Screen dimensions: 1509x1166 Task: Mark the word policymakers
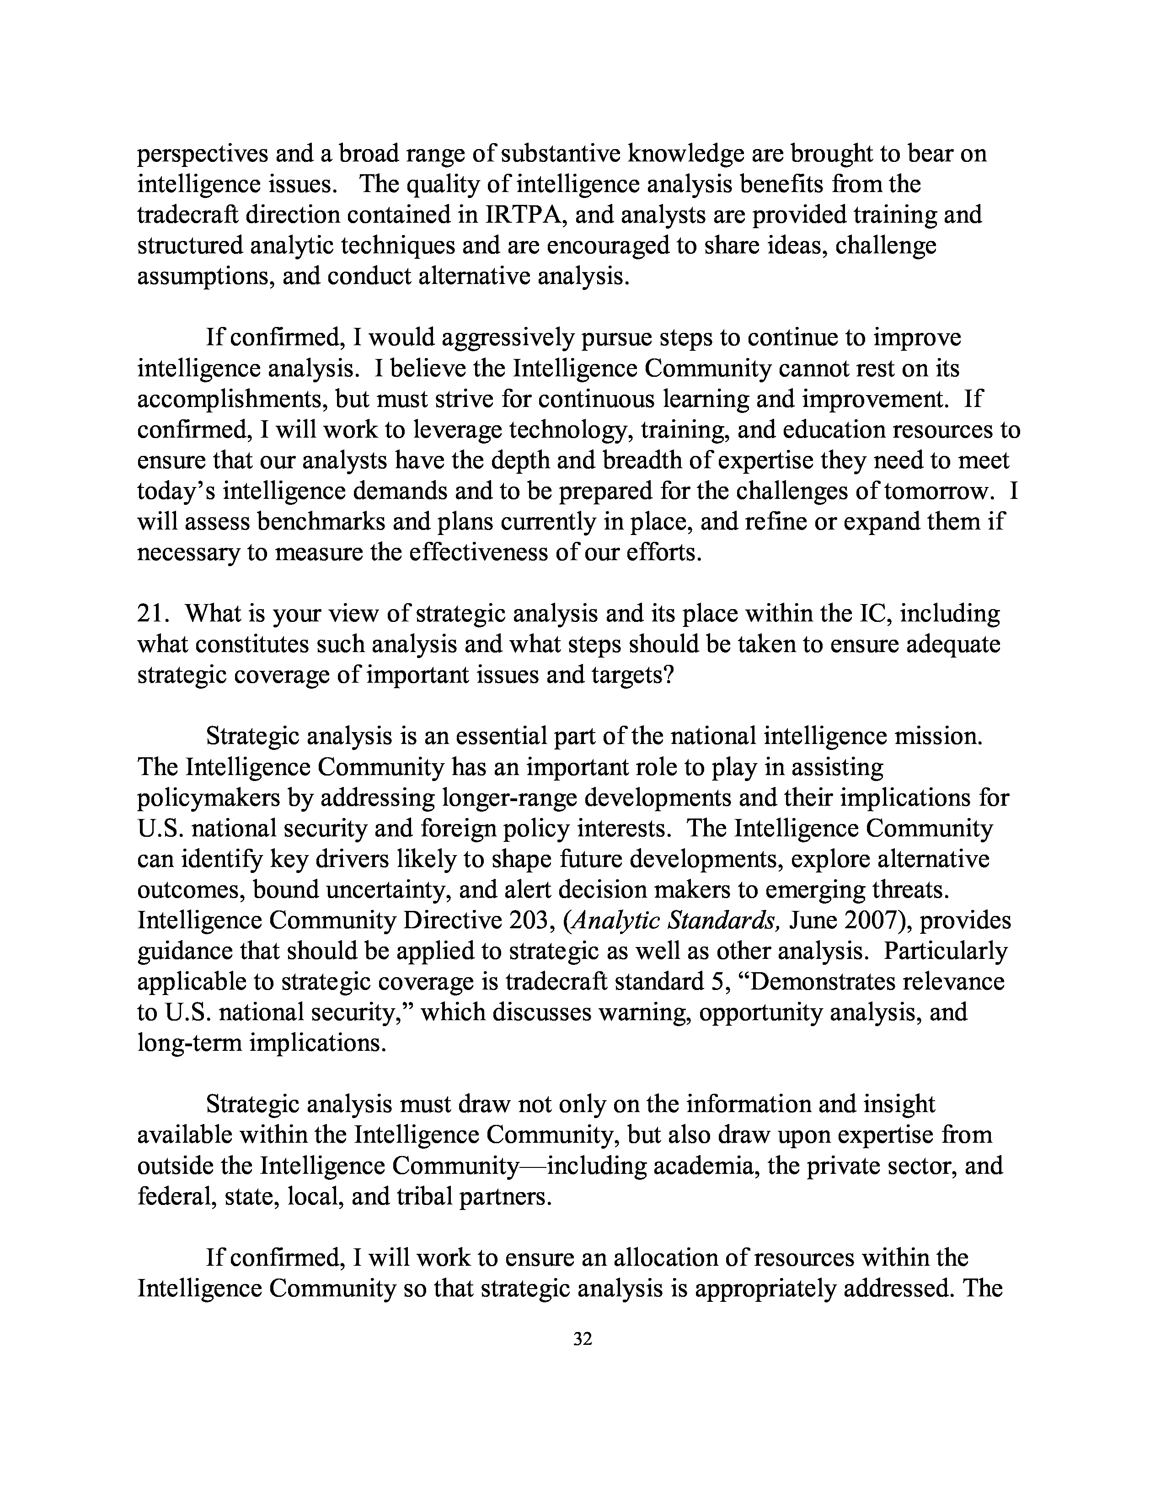pyautogui.click(x=207, y=798)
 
